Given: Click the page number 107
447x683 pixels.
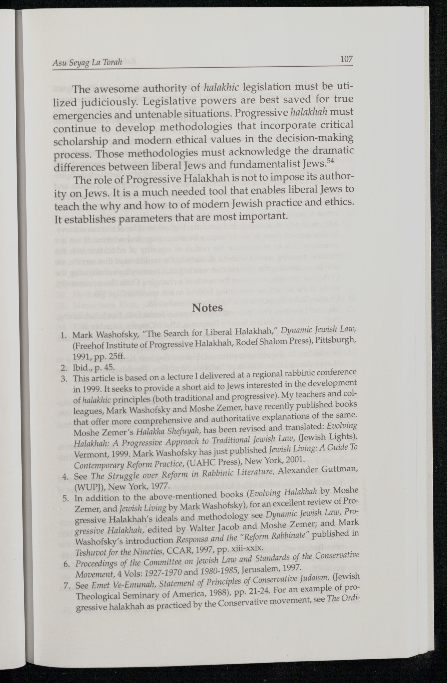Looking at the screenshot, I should [x=346, y=60].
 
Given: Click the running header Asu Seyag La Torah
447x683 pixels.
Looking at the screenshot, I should [x=87, y=62].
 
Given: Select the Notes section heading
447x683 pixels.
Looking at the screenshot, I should [x=208, y=308].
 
